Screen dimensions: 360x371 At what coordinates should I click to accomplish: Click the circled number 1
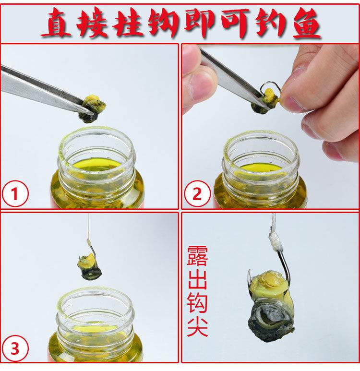pos(15,194)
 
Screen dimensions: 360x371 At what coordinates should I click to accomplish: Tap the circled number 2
pos(197,194)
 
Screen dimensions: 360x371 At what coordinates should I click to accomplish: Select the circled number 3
pos(15,348)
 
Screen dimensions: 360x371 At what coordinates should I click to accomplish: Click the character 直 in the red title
pos(57,23)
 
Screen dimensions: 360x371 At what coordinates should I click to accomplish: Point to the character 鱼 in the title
pos(307,23)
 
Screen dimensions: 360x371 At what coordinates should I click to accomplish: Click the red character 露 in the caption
pos(197,256)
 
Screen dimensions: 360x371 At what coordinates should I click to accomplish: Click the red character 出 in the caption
pos(197,279)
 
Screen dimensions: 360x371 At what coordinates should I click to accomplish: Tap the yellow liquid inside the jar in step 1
pos(97,164)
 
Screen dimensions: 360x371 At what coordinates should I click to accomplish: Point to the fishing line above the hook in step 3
pos(88,227)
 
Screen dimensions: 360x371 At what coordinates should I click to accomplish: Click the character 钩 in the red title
pos(163,23)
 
